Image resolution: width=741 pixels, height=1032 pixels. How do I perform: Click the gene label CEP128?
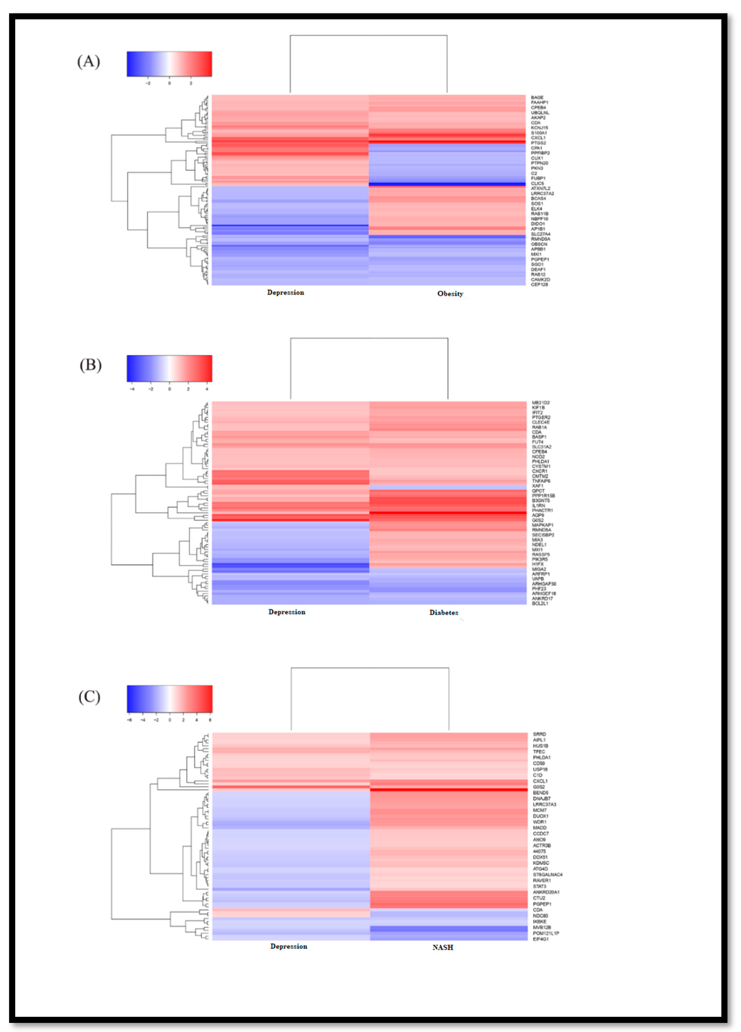tap(539, 284)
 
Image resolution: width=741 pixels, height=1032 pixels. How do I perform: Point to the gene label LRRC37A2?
tap(542, 193)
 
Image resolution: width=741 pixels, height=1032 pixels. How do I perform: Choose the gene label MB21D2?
tap(541, 403)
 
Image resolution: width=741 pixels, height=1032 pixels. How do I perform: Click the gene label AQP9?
tap(538, 515)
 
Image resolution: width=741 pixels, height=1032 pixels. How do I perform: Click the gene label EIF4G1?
tap(541, 939)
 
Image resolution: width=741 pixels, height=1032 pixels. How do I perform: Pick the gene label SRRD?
tap(539, 734)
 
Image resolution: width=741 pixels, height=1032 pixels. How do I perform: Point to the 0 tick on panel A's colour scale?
tap(169, 83)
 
